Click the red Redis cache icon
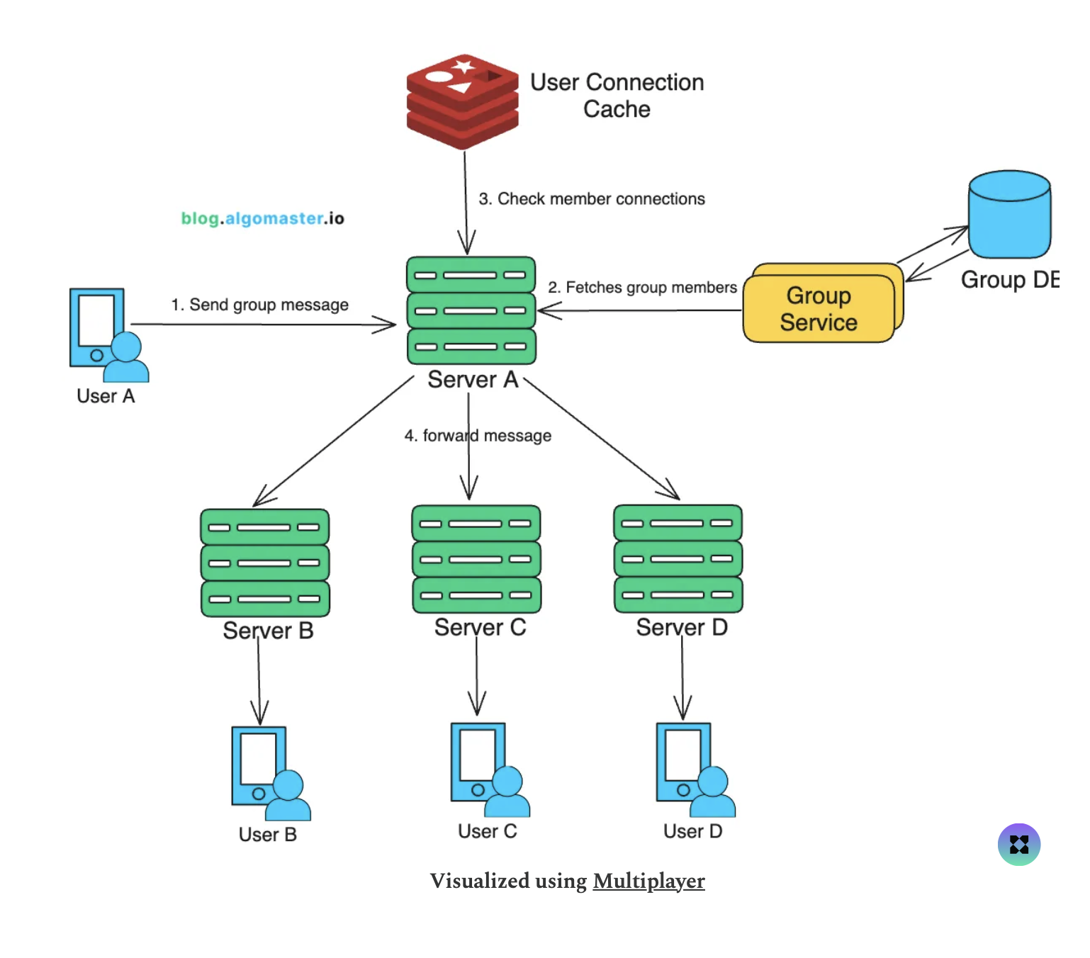coord(462,101)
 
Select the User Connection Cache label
coord(617,96)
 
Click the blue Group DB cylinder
coord(1009,215)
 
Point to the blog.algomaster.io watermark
coord(262,218)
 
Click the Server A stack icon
coord(471,310)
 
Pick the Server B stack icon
coord(265,563)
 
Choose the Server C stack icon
coord(476,559)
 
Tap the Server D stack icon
coord(678,558)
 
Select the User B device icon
coord(270,773)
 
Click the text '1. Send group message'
coord(259,305)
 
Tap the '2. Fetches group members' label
coord(642,288)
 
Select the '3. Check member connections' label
coord(592,199)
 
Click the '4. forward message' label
coord(478,436)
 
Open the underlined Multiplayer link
coord(648,881)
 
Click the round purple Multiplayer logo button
coord(1018,845)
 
